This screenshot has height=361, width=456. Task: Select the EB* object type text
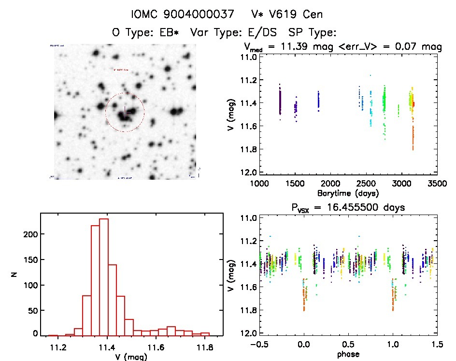170,33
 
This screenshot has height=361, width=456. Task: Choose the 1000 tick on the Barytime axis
259,184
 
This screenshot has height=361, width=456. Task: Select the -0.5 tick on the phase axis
259,344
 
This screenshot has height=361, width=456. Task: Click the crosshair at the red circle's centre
125,112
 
